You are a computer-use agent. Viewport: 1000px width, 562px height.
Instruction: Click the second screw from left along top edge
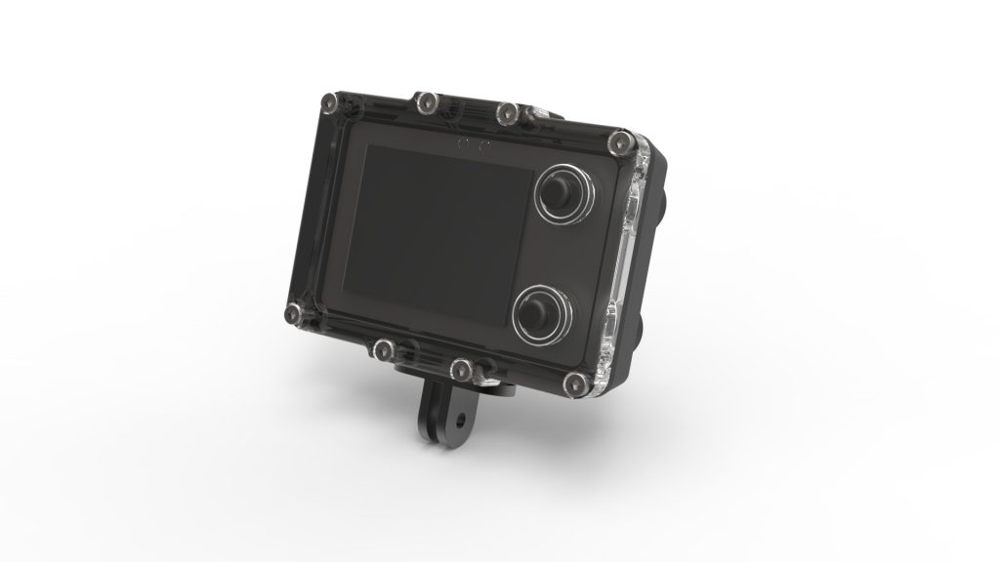(426, 100)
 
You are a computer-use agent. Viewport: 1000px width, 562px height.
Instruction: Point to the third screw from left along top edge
(506, 114)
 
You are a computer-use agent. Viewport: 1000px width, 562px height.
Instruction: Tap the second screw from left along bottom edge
(385, 348)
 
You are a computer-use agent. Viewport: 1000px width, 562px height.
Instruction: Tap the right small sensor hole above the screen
(481, 146)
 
